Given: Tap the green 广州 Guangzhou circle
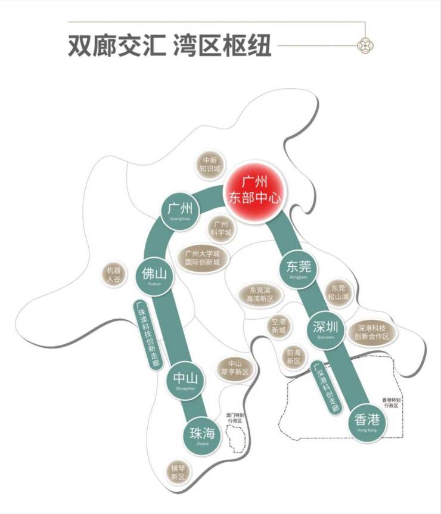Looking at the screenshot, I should click(180, 211).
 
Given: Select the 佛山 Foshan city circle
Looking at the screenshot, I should click(154, 276).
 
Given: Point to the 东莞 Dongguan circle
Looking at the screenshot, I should click(295, 269).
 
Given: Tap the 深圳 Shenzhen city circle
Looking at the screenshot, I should click(325, 329).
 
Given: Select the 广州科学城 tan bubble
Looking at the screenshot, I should click(221, 229).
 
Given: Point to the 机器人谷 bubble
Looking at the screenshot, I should click(114, 275).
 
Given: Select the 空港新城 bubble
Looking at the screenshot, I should click(278, 325).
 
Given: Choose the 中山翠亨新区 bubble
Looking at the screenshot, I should click(234, 367).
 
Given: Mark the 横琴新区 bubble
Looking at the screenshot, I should click(178, 472).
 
